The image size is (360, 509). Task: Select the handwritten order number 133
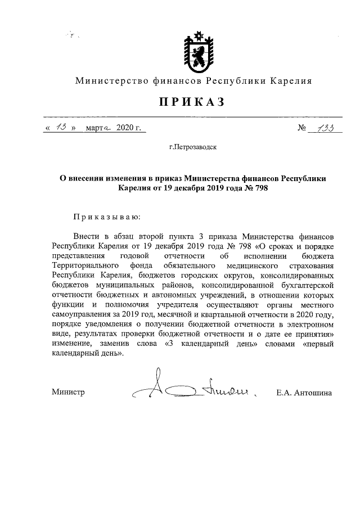pos(323,128)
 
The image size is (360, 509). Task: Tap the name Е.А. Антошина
pos(304,392)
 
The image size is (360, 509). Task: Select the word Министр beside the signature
pos(68,392)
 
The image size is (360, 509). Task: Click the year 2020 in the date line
pos(126,129)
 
